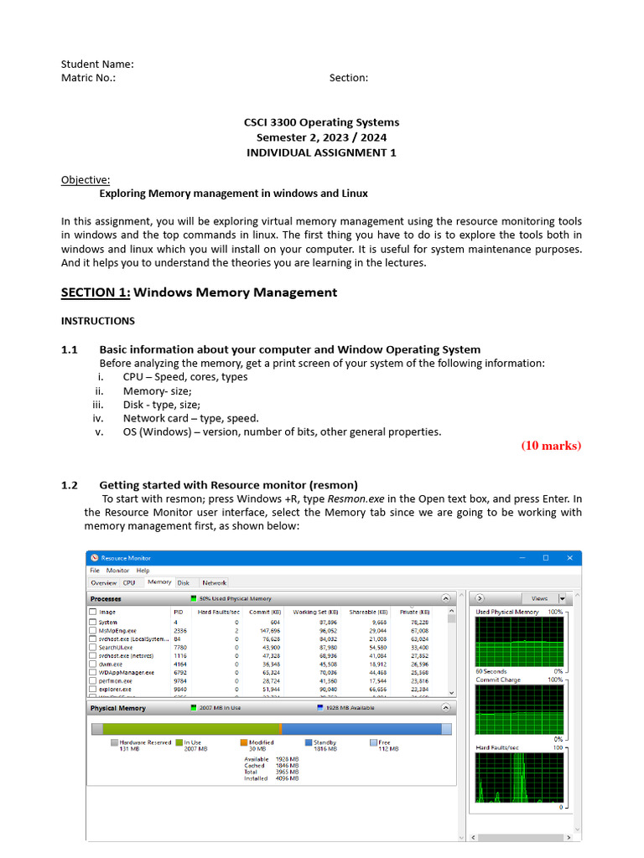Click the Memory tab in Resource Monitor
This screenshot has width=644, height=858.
[158, 582]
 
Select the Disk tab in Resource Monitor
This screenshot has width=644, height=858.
[183, 582]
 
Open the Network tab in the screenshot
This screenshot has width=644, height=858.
[214, 582]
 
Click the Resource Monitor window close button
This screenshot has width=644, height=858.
[570, 558]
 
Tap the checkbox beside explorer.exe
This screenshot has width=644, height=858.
[92, 689]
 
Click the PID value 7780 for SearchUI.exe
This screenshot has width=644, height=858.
[179, 647]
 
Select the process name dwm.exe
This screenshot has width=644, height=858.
[110, 664]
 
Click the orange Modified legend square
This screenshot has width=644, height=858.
[244, 742]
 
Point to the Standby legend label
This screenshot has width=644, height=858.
[325, 742]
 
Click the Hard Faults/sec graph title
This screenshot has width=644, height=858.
[497, 747]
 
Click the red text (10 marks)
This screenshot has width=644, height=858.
[551, 446]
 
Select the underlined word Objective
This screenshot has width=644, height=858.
[85, 179]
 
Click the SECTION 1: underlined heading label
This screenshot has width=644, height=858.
[96, 292]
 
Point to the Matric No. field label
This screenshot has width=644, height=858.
[88, 78]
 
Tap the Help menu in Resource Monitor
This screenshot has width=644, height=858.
[143, 571]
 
